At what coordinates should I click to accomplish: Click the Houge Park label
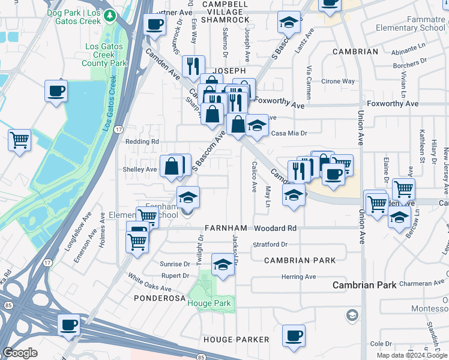(208, 303)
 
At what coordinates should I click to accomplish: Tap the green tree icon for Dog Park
(109, 14)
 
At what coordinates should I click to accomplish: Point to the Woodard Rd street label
(275, 229)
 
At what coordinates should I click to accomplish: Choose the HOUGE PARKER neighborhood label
(236, 340)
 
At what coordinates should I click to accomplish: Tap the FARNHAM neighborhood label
(226, 229)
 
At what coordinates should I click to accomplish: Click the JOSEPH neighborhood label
(230, 70)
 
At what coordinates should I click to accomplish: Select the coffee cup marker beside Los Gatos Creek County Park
(56, 92)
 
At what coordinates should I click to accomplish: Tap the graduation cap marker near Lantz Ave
(289, 23)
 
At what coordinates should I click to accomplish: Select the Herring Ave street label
(298, 277)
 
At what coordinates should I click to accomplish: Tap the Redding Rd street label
(142, 142)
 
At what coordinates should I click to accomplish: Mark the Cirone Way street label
(338, 81)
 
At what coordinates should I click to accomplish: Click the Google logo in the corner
(20, 353)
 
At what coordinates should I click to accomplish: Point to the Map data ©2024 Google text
(412, 355)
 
